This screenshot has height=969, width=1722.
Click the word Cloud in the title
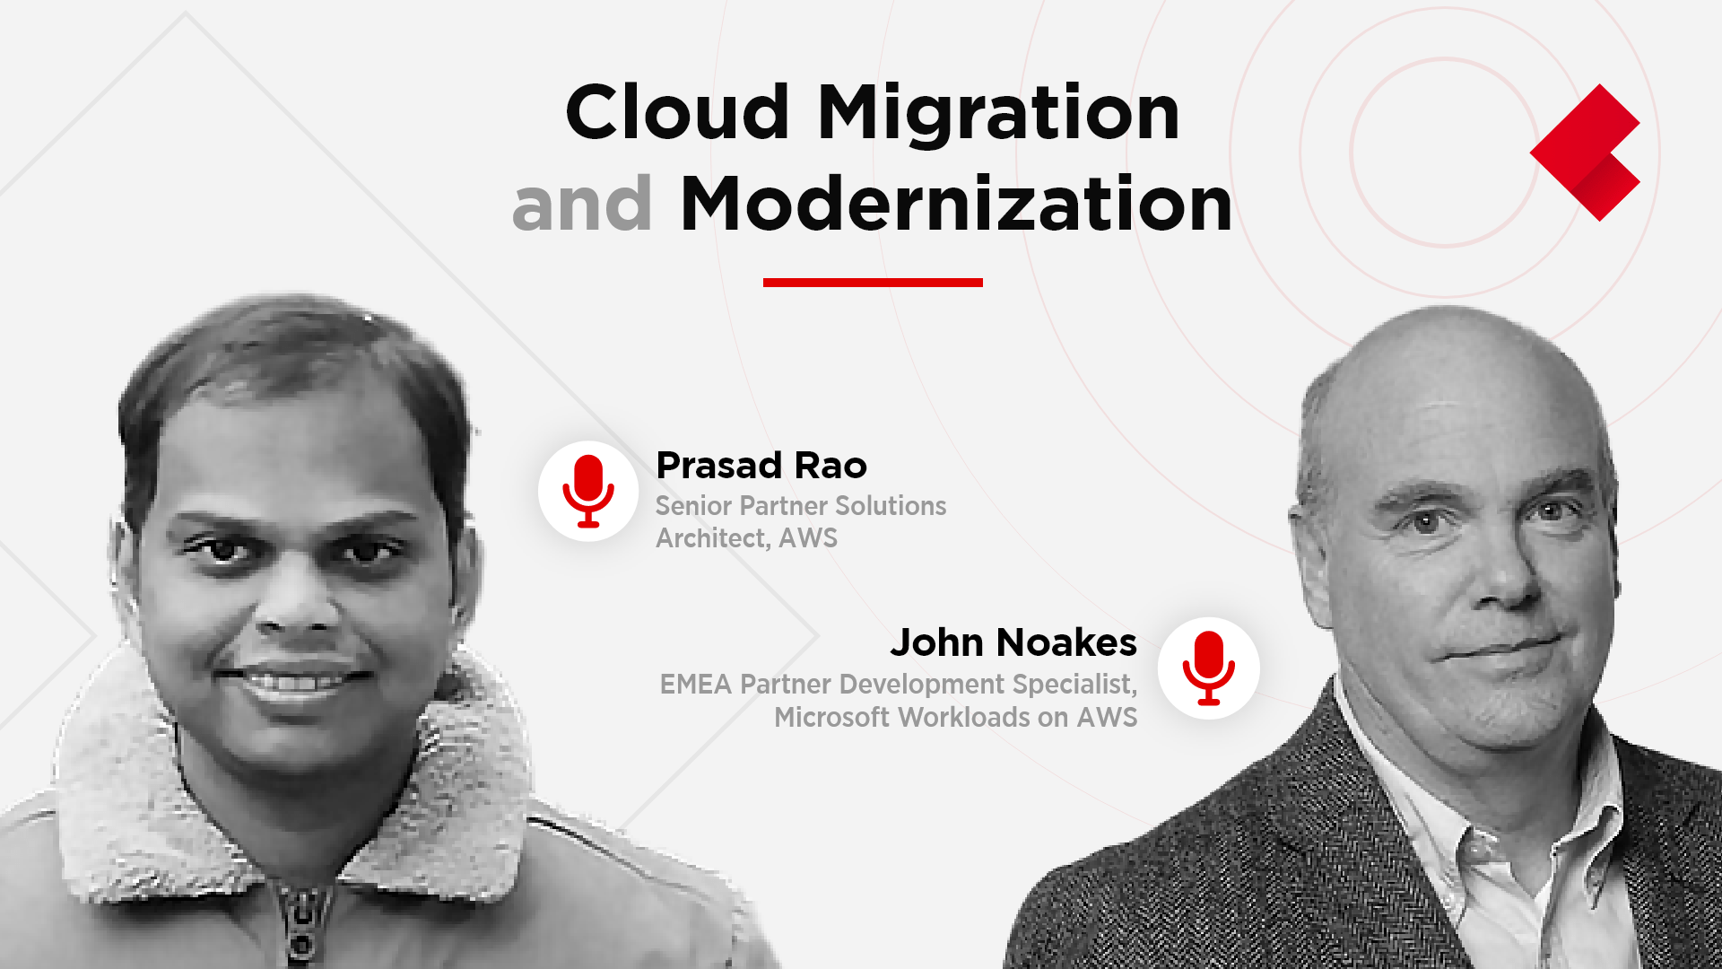coord(677,112)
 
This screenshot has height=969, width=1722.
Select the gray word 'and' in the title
coord(582,204)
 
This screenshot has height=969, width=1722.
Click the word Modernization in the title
coord(956,204)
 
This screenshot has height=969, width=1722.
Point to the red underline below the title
coord(873,283)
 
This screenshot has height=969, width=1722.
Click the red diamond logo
coord(1585,153)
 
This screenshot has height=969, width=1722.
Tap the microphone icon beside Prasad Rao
coord(588,491)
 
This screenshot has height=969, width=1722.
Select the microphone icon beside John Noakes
coord(1208,668)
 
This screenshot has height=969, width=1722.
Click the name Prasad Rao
coord(761,466)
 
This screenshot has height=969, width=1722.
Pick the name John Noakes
coord(1013,642)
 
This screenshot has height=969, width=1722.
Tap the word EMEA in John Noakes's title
coord(696,685)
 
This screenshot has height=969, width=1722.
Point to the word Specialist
coord(1074,685)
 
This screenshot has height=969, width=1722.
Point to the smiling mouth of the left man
coord(294,680)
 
